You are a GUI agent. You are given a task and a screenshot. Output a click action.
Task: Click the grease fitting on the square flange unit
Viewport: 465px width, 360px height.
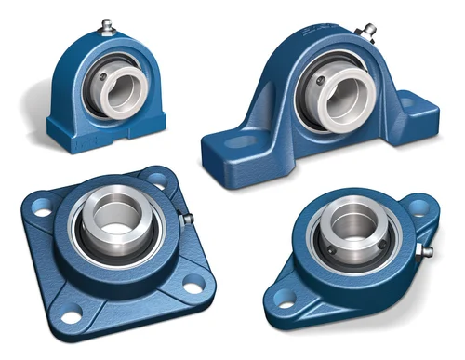(x=187, y=220)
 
